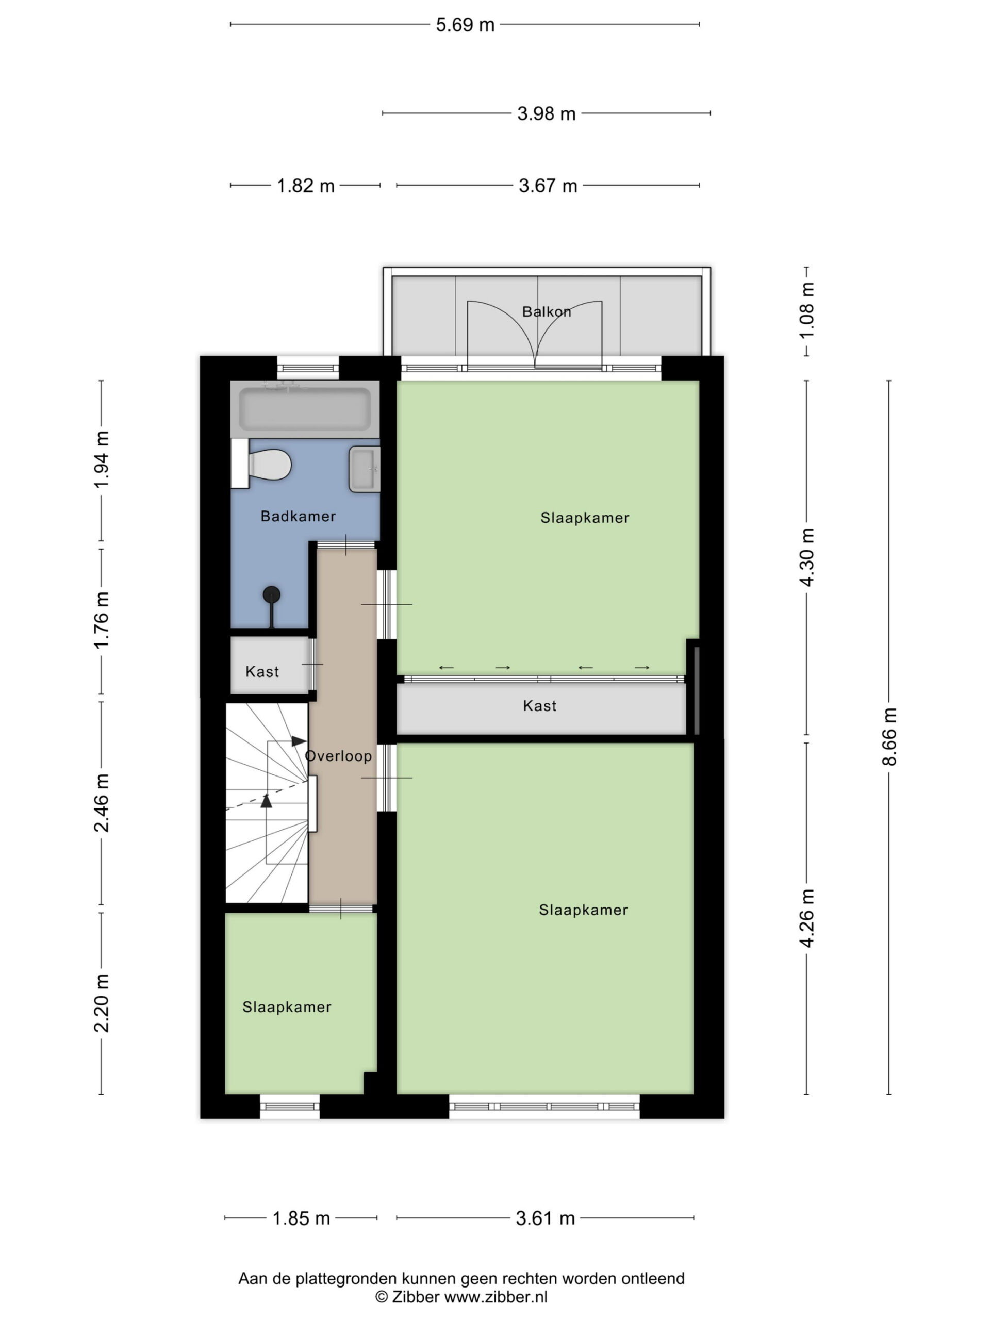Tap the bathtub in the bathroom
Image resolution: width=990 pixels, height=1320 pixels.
[305, 409]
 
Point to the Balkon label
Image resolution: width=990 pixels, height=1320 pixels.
[546, 311]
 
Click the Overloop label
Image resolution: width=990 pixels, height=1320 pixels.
[338, 756]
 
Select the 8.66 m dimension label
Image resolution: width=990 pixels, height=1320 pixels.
[889, 736]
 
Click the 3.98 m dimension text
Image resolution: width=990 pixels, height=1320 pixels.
[546, 113]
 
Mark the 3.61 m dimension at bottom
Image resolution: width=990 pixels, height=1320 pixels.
[546, 1218]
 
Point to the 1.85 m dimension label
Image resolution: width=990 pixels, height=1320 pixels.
[301, 1218]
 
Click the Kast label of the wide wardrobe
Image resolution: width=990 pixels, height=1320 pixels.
[539, 706]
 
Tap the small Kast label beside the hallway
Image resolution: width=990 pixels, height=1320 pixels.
[262, 672]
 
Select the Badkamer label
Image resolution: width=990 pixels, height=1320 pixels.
[299, 516]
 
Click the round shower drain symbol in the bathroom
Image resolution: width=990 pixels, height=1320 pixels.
[272, 595]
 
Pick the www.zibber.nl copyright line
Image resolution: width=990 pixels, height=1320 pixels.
[461, 1296]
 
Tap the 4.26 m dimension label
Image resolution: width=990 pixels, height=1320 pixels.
[807, 918]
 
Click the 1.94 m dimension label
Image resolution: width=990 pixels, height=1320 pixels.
[102, 459]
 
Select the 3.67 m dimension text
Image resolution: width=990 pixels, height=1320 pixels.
[548, 186]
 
